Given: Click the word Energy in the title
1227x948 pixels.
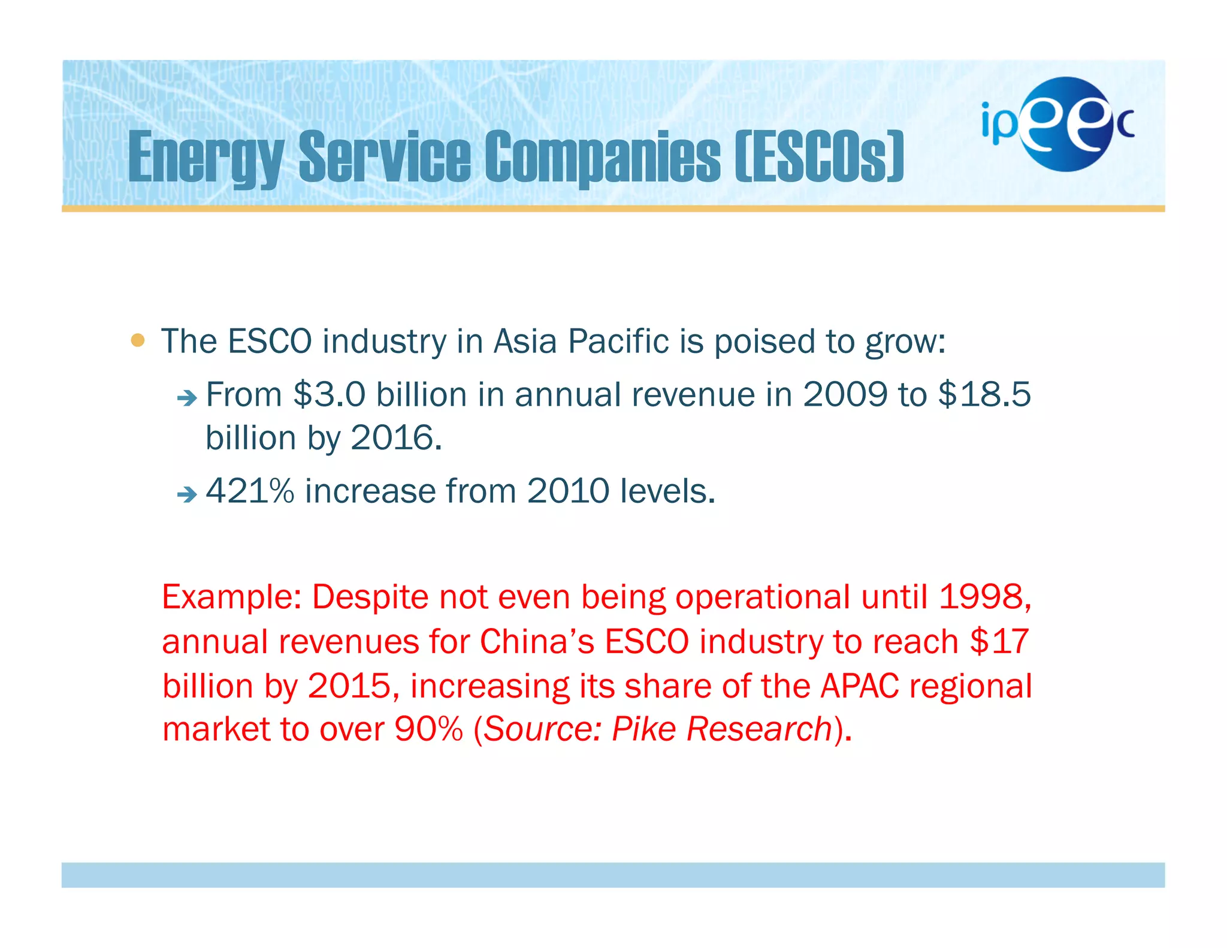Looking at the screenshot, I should tap(205, 157).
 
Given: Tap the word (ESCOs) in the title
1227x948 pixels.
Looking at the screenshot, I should tap(819, 157).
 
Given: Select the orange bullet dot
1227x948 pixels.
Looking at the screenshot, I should tap(138, 340).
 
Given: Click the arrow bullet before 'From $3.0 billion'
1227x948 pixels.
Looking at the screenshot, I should tap(187, 398).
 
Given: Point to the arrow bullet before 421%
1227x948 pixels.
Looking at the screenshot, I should tap(187, 494).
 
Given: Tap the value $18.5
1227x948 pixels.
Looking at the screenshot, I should tap(984, 395).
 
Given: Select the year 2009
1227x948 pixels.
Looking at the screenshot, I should tap(845, 395).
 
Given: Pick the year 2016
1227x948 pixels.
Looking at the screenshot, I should tap(392, 438).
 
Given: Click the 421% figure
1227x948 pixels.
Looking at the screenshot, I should tap(250, 491).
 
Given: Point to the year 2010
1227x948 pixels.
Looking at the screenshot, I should tap(568, 491).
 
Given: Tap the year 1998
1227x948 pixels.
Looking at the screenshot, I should tap(984, 597).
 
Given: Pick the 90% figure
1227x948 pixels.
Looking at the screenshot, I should tap(429, 729).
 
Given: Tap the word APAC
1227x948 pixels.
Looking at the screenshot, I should tap(860, 686).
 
